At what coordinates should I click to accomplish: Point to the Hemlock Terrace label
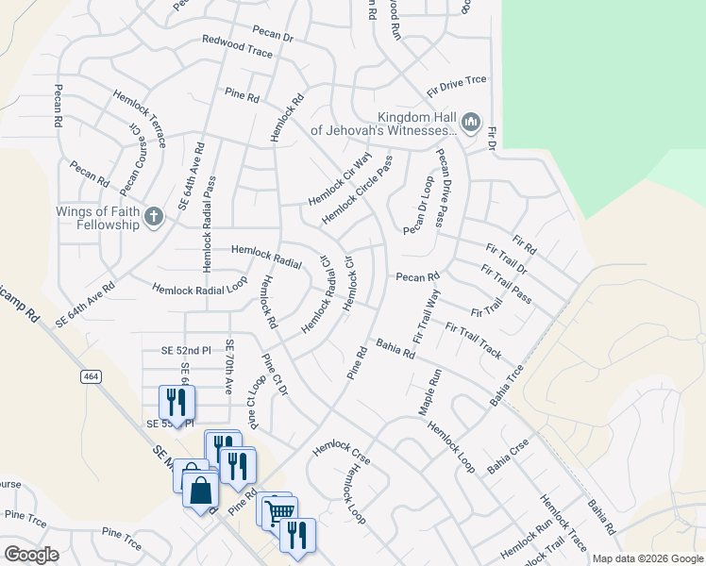[140, 118]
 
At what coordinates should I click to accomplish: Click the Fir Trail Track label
[473, 341]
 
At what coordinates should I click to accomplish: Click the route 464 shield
[118, 376]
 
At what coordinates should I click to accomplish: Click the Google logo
[31, 555]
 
